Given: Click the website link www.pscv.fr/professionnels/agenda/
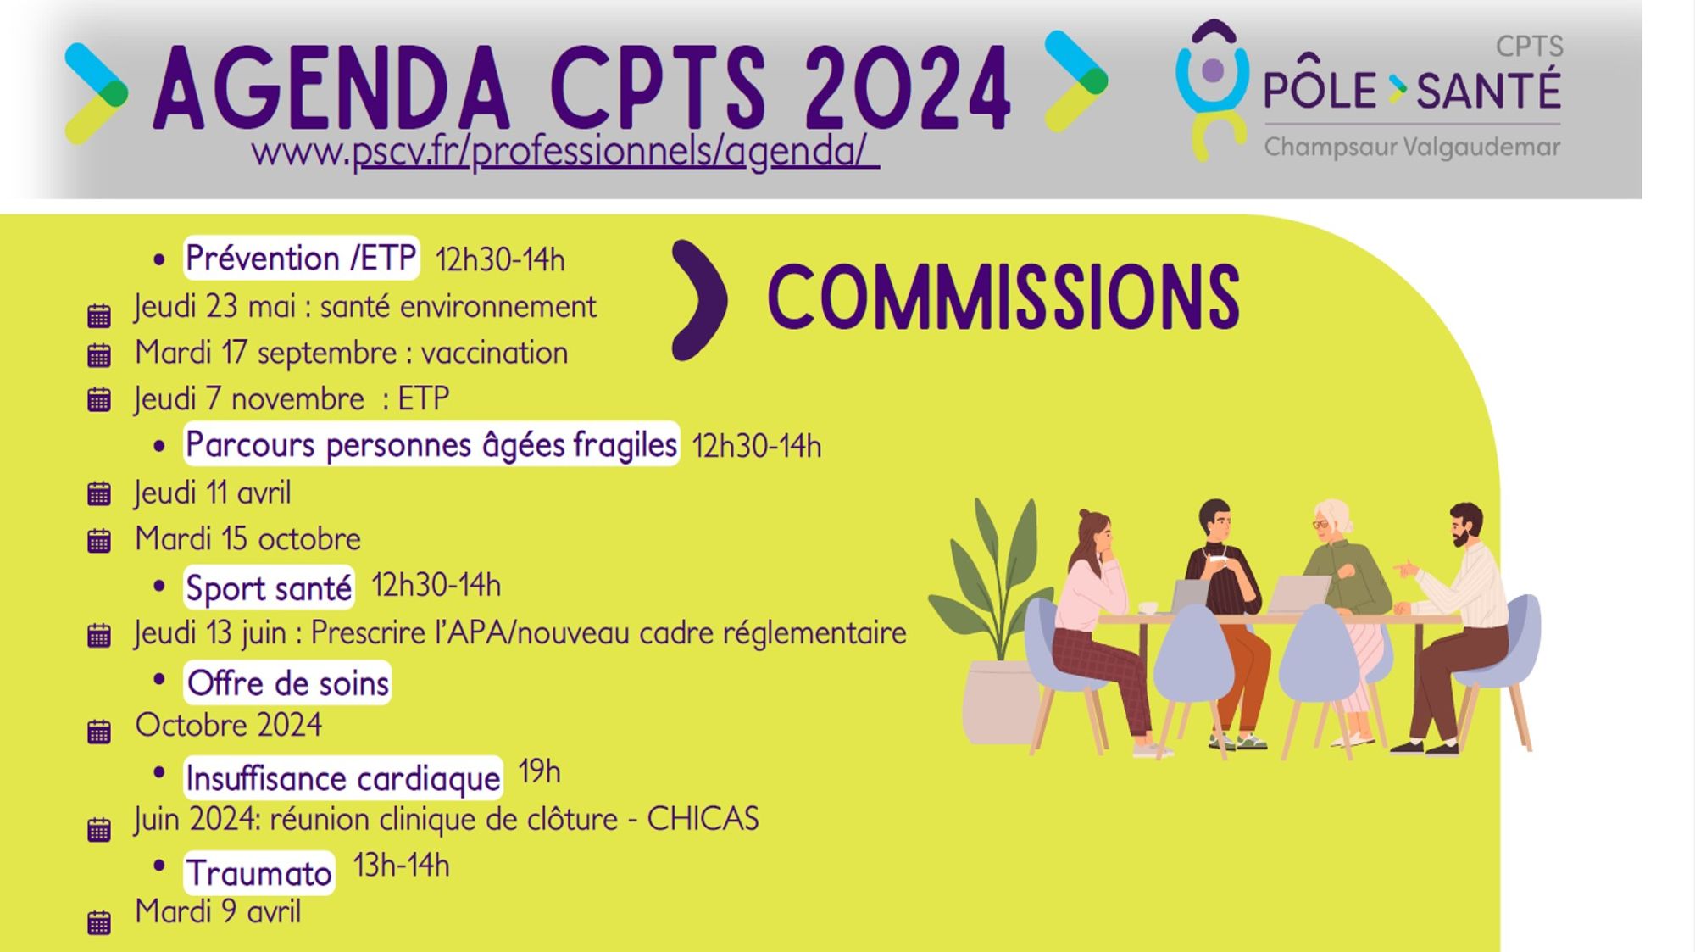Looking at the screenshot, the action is tap(565, 152).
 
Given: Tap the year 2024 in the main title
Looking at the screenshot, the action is tap(908, 88).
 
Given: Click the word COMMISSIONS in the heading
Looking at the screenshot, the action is tap(1003, 297).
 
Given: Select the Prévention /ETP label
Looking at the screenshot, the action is tap(301, 258).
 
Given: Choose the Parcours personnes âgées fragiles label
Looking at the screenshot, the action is tap(431, 444).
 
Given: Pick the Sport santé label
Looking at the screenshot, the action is tap(269, 587).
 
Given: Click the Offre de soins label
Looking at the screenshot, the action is tap(287, 682).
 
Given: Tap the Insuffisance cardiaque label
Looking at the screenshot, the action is tap(342, 778).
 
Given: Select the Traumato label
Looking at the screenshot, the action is tap(258, 872).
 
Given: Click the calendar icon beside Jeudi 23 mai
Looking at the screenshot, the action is tap(99, 315).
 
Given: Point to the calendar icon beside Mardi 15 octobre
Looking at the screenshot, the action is tap(99, 540).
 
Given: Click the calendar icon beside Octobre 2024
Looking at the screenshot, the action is tap(99, 731).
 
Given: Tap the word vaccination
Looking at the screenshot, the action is tap(494, 353).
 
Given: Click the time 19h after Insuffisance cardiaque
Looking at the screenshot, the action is tap(539, 771).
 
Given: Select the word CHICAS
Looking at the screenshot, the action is tap(703, 819).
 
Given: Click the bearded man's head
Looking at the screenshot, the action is tap(1465, 525).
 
